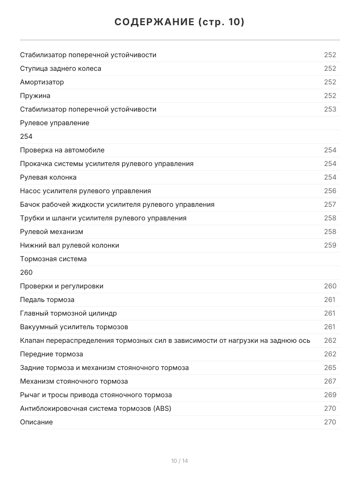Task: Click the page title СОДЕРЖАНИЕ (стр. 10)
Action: point(180,22)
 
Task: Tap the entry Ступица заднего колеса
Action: point(60,68)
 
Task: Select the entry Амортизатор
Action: point(42,82)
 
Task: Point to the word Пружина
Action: point(35,96)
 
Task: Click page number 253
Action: point(330,109)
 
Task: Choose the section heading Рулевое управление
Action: point(55,123)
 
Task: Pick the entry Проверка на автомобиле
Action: point(62,150)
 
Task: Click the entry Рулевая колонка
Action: point(48,177)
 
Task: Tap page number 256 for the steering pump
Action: point(330,191)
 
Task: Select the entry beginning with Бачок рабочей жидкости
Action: point(117,204)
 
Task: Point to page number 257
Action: point(330,204)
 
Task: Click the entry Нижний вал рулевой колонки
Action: point(70,245)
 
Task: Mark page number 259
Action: point(330,245)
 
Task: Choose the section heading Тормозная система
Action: point(53,259)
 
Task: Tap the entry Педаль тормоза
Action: point(47,300)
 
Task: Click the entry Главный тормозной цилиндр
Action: point(68,313)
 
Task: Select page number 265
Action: point(330,368)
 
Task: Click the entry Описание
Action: point(36,422)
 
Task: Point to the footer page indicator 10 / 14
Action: point(180,461)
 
